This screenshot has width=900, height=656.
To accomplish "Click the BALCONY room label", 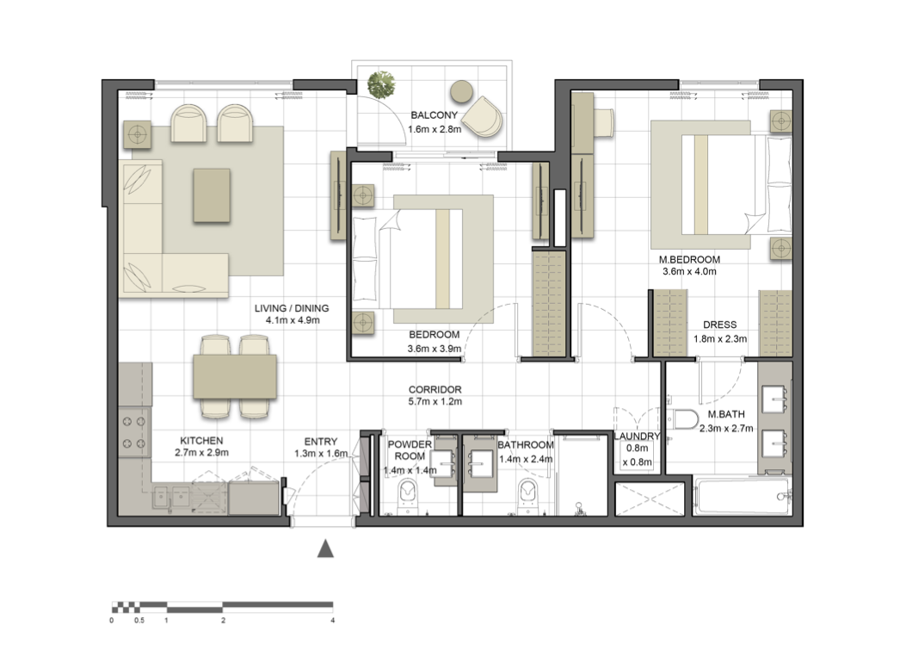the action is pyautogui.click(x=434, y=114).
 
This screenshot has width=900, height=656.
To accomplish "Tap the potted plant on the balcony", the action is pyautogui.click(x=381, y=84).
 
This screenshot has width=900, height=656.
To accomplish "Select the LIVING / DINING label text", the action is pyautogui.click(x=292, y=308).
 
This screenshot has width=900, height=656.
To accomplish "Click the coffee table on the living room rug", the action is pyautogui.click(x=212, y=195).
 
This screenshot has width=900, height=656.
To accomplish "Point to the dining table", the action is pyautogui.click(x=235, y=377).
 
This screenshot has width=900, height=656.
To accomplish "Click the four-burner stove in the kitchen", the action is pyautogui.click(x=134, y=432).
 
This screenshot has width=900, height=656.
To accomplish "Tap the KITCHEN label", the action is pyautogui.click(x=201, y=441).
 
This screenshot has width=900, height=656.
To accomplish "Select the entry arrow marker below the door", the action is pyautogui.click(x=325, y=548).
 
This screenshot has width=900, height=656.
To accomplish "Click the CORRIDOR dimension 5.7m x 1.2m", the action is pyautogui.click(x=435, y=401).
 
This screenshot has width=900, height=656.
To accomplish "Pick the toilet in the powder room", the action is pyautogui.click(x=408, y=495).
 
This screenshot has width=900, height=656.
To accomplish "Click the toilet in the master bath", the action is pyautogui.click(x=685, y=419).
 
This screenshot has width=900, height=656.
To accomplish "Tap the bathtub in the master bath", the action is pyautogui.click(x=743, y=497).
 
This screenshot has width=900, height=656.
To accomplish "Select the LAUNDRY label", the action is pyautogui.click(x=637, y=436).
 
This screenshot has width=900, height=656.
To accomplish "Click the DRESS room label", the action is pyautogui.click(x=720, y=325).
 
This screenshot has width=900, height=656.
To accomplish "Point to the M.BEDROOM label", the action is pyautogui.click(x=689, y=260).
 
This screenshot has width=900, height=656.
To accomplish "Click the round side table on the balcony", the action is pyautogui.click(x=461, y=90).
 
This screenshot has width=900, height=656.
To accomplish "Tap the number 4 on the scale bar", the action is pyautogui.click(x=333, y=621).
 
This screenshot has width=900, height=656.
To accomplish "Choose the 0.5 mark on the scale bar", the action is pyautogui.click(x=139, y=621).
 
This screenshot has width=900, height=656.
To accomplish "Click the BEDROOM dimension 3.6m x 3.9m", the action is pyautogui.click(x=434, y=349).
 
